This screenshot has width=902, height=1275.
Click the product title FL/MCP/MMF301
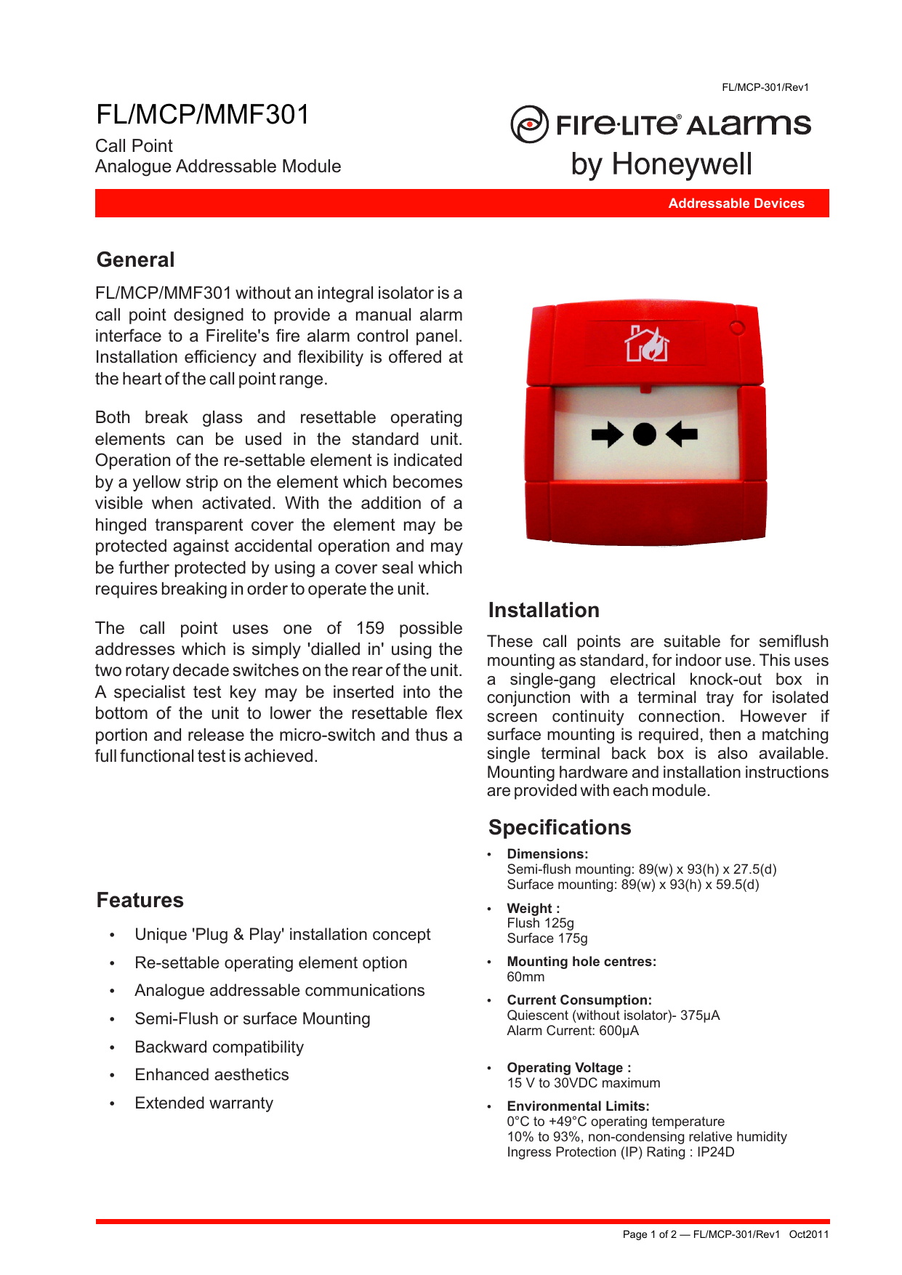203,115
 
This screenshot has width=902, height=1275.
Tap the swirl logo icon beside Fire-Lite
529,124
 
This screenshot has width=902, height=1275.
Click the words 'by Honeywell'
661,164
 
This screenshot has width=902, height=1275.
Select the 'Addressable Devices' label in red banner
736,204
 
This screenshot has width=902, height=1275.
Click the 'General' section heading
136,260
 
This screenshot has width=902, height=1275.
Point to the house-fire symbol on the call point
647,344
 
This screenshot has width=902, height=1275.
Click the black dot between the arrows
644,435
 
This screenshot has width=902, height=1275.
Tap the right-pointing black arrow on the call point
607,435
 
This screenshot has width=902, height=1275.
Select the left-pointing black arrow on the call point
682,435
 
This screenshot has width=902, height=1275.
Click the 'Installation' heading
544,610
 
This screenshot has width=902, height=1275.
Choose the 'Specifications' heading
560,827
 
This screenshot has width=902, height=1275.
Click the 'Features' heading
140,900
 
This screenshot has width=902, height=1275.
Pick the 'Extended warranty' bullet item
204,1103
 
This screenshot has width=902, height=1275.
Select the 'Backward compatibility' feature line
219,1047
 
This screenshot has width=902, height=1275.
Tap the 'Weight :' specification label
533,908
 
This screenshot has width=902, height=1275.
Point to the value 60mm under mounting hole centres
526,977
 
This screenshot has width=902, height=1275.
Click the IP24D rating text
715,1152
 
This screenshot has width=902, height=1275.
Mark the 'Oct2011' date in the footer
808,1234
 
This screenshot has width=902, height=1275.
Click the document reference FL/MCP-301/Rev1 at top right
765,87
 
